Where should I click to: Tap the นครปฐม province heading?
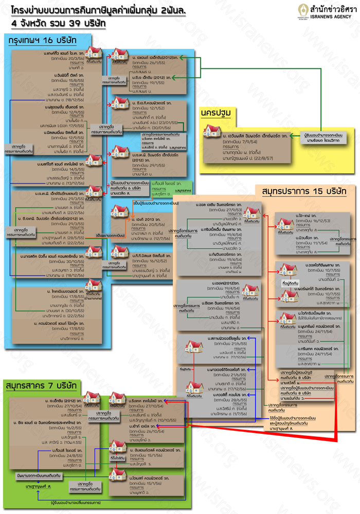pos(216,113)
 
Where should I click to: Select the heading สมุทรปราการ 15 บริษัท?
pos(303,192)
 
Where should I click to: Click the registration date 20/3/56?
pos(70,58)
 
